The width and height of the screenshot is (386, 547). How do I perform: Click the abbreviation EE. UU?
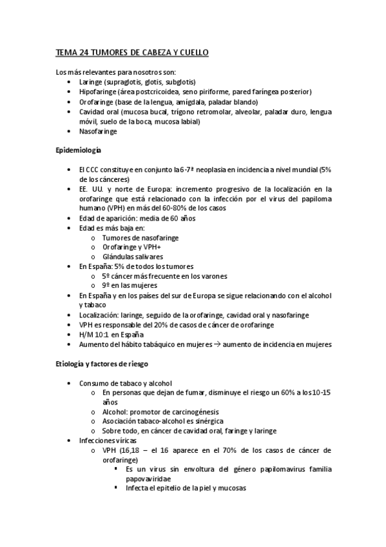click(x=91, y=189)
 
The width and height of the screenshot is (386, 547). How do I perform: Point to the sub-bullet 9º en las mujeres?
click(x=130, y=285)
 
